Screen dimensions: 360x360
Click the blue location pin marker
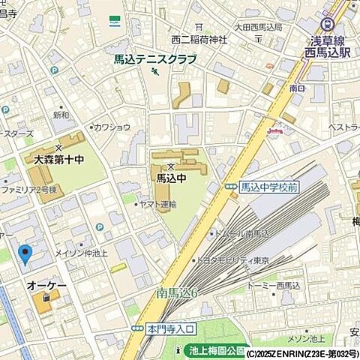click(25, 254)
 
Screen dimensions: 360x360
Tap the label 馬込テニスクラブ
click(155, 58)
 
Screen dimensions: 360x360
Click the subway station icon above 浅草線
click(328, 23)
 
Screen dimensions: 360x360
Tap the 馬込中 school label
click(170, 179)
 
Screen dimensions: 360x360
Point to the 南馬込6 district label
click(177, 292)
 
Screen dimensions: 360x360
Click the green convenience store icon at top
click(114, 19)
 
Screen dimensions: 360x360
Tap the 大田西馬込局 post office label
click(257, 28)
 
